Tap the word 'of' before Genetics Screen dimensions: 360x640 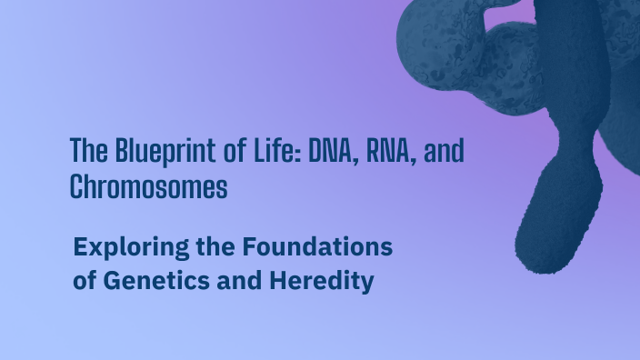pos(85,281)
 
